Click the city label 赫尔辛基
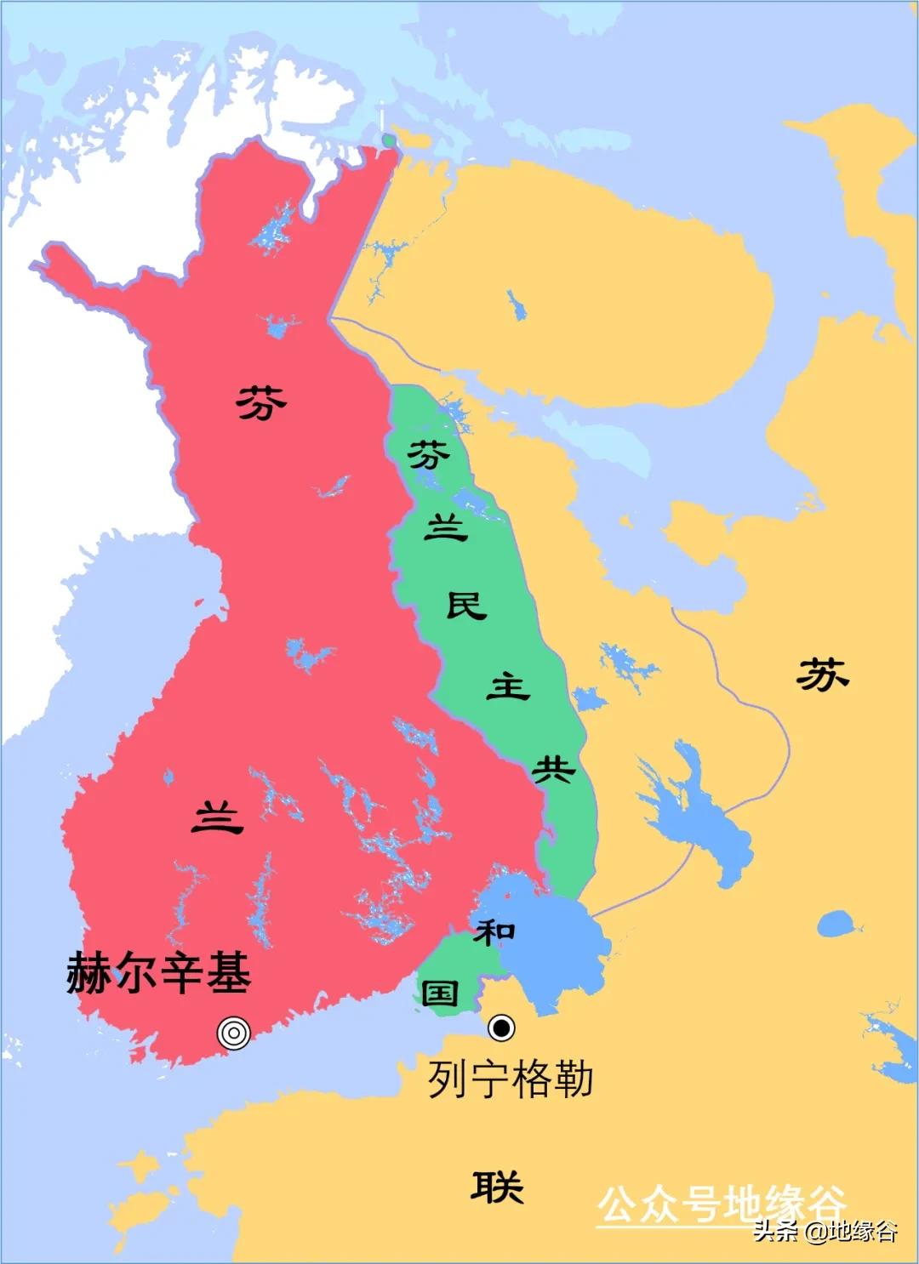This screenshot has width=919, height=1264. coord(159,973)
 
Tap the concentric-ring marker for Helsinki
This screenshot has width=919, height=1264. coord(234,1033)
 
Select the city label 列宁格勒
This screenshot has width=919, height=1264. coord(510,1079)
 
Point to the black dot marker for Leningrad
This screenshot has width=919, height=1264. coord(501,1028)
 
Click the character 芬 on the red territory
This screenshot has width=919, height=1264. coord(261,402)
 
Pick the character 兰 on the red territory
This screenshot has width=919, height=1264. coord(218,818)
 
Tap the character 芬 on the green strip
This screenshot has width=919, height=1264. coord(428,455)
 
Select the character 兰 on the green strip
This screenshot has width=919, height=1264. coord(446,528)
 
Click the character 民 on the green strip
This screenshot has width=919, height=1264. coord(466,606)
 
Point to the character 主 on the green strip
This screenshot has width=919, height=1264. coord(508,686)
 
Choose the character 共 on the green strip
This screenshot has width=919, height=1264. coord(553,769)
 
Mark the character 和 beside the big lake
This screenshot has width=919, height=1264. coord(495,931)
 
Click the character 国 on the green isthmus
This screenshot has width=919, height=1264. coord(441,993)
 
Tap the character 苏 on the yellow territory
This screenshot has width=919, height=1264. coord(822,675)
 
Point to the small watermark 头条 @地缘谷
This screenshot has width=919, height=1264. coord(825,1231)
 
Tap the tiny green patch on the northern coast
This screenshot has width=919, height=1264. coord(389,139)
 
